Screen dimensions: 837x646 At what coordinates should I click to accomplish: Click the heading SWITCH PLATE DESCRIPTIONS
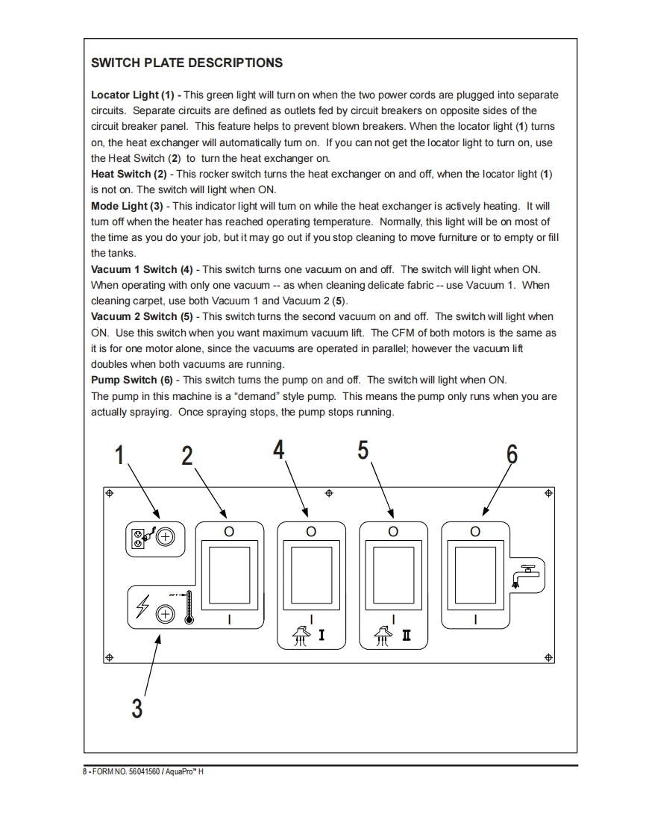[x=186, y=63]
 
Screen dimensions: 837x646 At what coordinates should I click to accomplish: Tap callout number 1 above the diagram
[x=119, y=454]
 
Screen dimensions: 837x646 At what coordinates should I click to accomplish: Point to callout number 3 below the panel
[x=137, y=707]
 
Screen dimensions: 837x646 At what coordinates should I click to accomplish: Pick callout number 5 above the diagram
[x=363, y=450]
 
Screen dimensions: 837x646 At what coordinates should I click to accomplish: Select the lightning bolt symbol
[x=143, y=607]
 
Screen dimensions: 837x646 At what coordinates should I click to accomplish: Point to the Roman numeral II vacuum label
[x=406, y=636]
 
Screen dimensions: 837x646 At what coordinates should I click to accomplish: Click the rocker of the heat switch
[x=229, y=574]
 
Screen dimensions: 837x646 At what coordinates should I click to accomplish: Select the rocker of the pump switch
[x=475, y=574]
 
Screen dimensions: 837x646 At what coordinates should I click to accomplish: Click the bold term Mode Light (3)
[x=126, y=206]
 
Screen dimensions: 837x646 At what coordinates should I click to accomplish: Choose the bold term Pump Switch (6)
[x=131, y=380]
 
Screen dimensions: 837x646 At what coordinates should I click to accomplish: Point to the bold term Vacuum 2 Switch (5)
[x=140, y=317]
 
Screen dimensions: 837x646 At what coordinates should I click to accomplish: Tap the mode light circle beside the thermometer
[x=165, y=614]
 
